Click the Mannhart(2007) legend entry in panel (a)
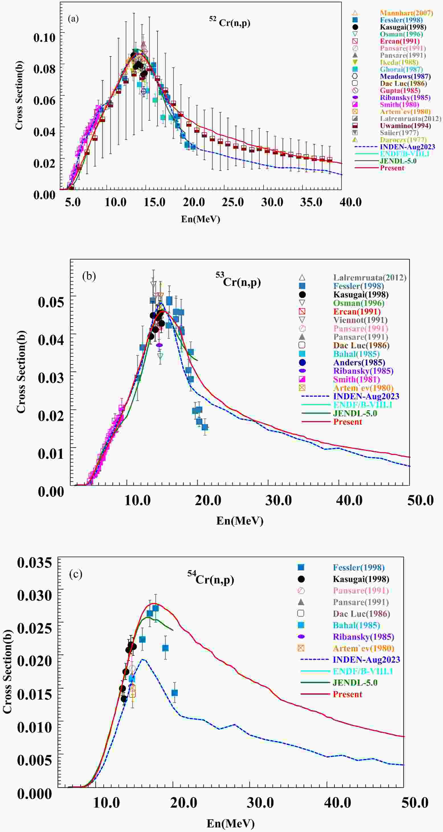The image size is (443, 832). (406, 13)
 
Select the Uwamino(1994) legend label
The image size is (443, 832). (405, 126)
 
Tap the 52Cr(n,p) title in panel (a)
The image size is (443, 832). (230, 22)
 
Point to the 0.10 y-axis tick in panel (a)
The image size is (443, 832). (44, 37)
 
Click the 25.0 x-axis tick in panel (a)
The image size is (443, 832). (232, 202)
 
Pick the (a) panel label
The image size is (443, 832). (73, 19)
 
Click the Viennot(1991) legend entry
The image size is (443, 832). (360, 320)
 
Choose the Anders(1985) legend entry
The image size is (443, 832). (359, 362)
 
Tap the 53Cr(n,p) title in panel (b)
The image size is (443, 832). (238, 281)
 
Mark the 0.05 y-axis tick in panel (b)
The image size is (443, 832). (51, 302)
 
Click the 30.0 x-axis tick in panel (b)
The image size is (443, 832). (278, 500)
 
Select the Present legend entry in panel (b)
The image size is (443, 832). (348, 422)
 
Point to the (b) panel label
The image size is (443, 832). (89, 276)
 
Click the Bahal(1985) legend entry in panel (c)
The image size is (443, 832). (356, 625)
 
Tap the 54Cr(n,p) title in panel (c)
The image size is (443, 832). (211, 579)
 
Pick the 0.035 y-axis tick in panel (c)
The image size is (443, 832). (34, 562)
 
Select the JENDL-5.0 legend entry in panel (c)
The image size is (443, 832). (355, 682)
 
